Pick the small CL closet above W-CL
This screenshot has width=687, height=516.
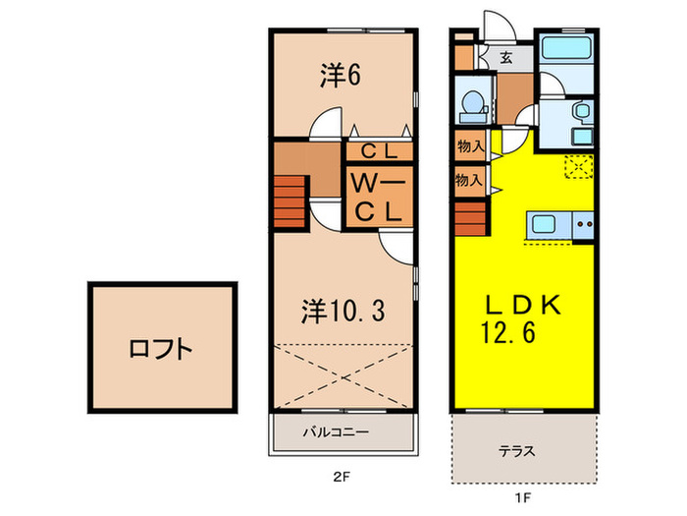pos(378,152)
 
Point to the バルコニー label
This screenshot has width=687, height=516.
pos(329,431)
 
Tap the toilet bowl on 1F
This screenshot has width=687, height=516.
pos(471,100)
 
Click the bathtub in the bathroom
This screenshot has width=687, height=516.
pos(565,49)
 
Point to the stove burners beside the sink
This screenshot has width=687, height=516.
pos(584,225)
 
